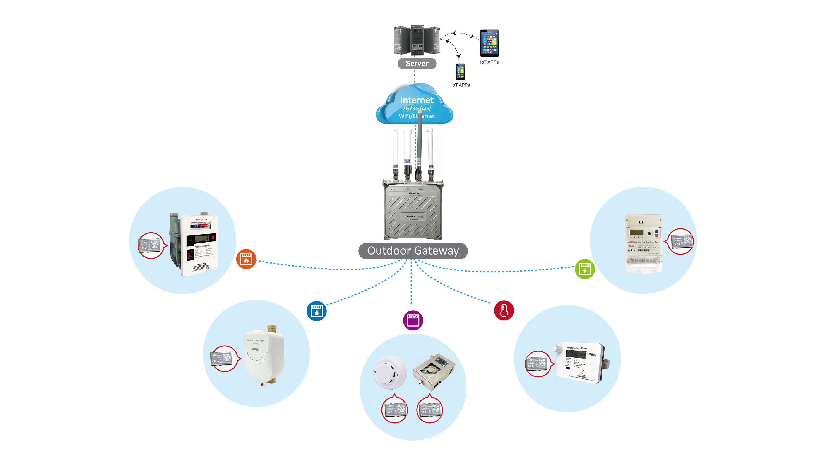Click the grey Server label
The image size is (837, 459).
pos(417,63)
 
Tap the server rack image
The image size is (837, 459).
pos(417,41)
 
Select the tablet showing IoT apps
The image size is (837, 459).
pos(489,43)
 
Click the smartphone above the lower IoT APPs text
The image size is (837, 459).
pos(460,72)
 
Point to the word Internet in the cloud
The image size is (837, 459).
pos(417,100)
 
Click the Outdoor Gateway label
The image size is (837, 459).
pos(413,251)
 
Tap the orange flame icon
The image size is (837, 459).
pos(246,259)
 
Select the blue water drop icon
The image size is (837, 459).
pos(316,311)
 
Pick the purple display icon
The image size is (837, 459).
pos(413,320)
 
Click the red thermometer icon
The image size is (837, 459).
pos(504,310)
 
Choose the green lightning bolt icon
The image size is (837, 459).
pos(585,269)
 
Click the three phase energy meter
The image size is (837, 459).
pos(643,242)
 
